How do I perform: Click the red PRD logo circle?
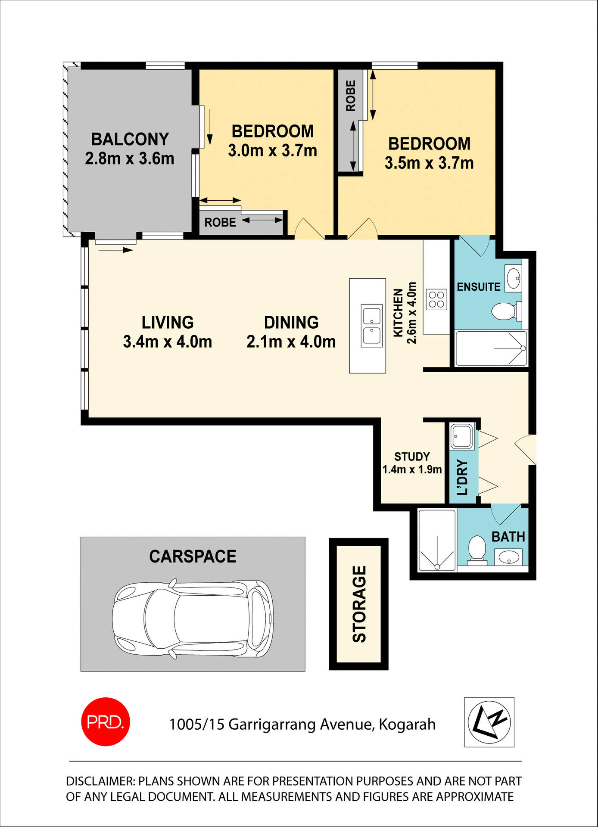pyautogui.click(x=106, y=721)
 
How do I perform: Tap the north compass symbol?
pyautogui.click(x=489, y=722)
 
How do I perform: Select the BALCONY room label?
pyautogui.click(x=130, y=139)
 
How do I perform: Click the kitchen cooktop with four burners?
pyautogui.click(x=436, y=299)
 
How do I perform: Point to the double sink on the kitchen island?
pyautogui.click(x=371, y=326)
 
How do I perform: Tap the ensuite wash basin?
pyautogui.click(x=513, y=278)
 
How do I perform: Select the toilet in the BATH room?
pyautogui.click(x=477, y=548)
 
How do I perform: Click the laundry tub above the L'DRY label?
pyautogui.click(x=461, y=436)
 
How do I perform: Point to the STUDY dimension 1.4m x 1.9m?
pyautogui.click(x=412, y=469)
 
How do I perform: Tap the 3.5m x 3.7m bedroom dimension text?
pyautogui.click(x=429, y=163)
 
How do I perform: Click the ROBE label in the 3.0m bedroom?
pyautogui.click(x=220, y=222)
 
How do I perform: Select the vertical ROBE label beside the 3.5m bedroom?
pyautogui.click(x=351, y=96)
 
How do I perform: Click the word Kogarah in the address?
pyautogui.click(x=407, y=724)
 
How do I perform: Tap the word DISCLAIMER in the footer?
pyautogui.click(x=100, y=781)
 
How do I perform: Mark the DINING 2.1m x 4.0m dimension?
pyautogui.click(x=291, y=342)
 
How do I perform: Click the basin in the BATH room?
pyautogui.click(x=508, y=558)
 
